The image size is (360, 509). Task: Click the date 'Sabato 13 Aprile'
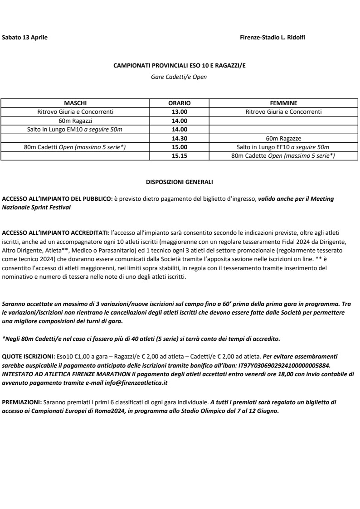coord(25,37)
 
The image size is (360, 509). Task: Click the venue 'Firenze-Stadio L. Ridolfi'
coord(272,37)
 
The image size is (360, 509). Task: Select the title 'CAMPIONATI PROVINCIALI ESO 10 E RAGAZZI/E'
coord(179,66)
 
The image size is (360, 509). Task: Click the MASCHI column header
coord(75,103)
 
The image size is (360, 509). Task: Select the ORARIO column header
coord(180,103)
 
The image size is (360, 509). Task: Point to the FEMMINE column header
coord(283,103)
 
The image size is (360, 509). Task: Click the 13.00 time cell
coord(180,111)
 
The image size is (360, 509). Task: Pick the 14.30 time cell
coord(180,138)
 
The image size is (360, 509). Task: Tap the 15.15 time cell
coord(180,156)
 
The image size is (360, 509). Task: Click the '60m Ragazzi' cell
coord(75,121)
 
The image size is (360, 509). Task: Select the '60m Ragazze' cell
coord(283,138)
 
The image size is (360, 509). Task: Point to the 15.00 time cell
coord(180,147)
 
